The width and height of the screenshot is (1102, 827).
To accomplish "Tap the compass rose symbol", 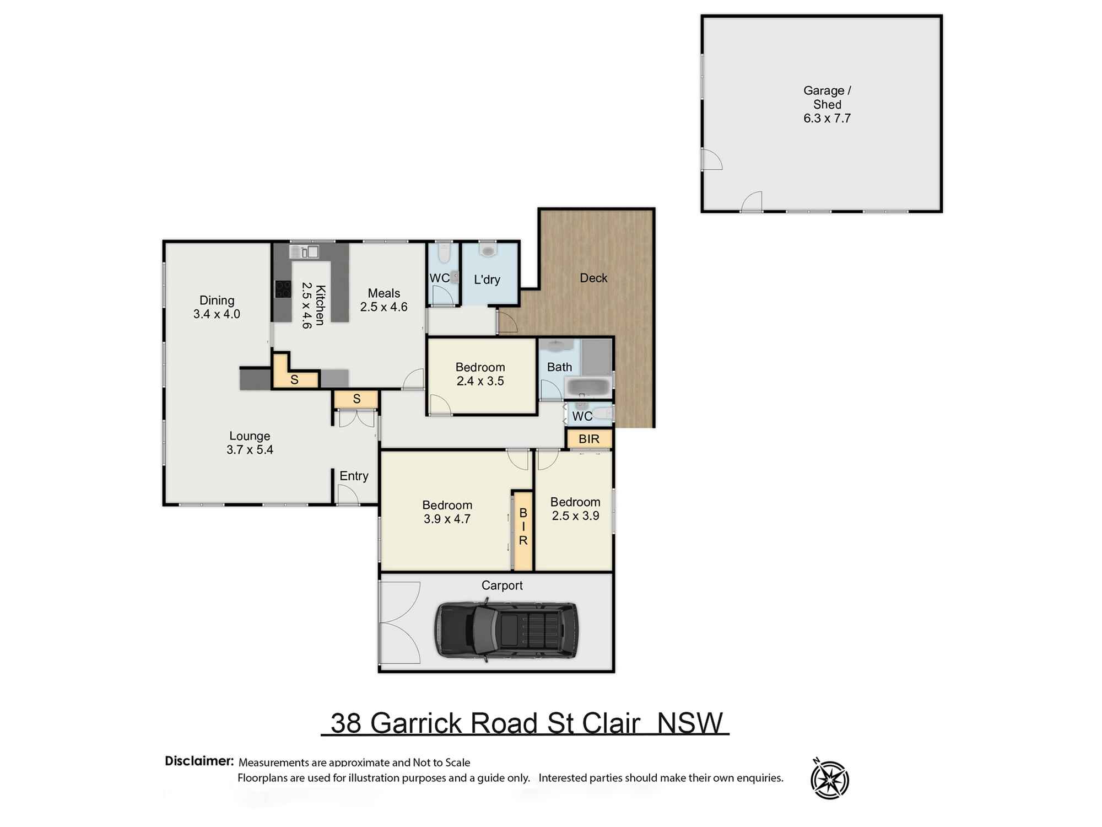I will [x=829, y=779].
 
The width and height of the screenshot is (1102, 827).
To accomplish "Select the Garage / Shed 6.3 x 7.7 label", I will [x=827, y=104].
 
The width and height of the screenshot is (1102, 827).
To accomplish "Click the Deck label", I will [x=593, y=278].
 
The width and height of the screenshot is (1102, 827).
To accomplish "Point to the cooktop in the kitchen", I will [x=283, y=289].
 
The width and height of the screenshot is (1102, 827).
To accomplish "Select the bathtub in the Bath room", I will [x=588, y=386].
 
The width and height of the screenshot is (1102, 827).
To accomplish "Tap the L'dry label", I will [x=487, y=280].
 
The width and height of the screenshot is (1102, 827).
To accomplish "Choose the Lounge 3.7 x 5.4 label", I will [x=250, y=443].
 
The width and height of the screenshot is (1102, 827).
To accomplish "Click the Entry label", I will [x=354, y=476].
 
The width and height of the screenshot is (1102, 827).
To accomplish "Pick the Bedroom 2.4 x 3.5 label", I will [x=480, y=374].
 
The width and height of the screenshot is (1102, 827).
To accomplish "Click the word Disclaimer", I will [x=199, y=761].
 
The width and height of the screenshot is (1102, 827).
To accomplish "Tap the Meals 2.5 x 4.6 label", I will [x=384, y=300].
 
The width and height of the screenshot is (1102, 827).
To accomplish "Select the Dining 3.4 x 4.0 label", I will [x=217, y=307].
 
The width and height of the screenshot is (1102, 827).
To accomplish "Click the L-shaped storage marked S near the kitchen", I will [x=294, y=379].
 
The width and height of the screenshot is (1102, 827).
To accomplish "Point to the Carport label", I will [x=501, y=585].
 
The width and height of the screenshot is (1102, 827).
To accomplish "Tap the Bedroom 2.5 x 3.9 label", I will [x=575, y=508].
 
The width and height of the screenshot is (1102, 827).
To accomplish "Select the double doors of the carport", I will [x=399, y=622].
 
